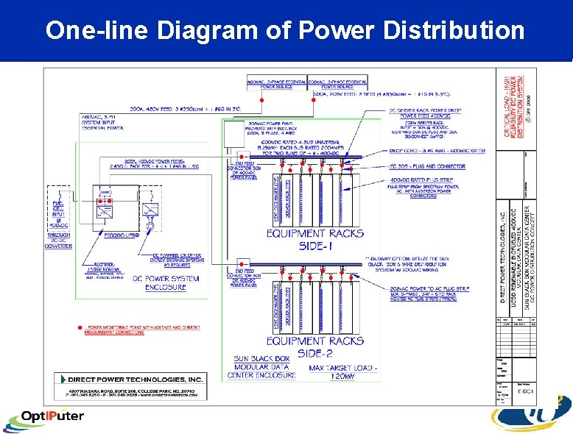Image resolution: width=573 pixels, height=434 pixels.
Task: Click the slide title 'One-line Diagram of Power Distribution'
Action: (284, 30)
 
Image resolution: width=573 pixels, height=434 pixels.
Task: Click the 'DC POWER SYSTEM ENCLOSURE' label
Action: (165, 283)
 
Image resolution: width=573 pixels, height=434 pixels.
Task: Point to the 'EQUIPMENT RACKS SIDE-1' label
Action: (314, 239)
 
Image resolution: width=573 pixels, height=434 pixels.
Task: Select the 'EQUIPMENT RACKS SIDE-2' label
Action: (314, 345)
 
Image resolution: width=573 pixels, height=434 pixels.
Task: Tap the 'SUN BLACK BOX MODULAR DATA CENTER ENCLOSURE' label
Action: (264, 366)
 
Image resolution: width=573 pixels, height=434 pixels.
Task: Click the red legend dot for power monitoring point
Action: (79, 327)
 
